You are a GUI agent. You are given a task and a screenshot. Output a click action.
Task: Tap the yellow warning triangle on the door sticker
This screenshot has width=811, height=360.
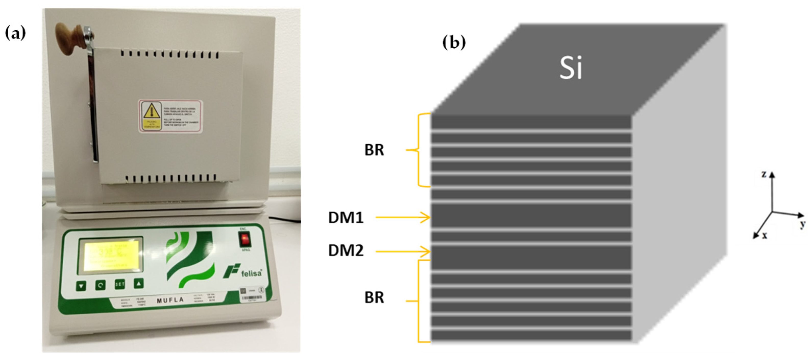point(151,111)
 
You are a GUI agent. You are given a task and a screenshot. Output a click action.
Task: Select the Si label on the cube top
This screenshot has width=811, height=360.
point(570,68)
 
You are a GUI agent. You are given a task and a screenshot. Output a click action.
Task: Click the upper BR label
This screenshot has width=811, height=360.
point(374,150)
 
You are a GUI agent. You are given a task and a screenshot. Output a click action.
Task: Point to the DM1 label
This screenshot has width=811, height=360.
point(346,218)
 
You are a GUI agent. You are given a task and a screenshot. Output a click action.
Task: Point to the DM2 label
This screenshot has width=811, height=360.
point(346,251)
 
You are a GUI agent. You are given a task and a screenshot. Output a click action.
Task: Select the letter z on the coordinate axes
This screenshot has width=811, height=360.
point(764,174)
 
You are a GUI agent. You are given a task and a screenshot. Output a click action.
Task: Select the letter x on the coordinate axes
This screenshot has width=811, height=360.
point(764,235)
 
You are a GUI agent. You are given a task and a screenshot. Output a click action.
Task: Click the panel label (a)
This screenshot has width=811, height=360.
point(15,33)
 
